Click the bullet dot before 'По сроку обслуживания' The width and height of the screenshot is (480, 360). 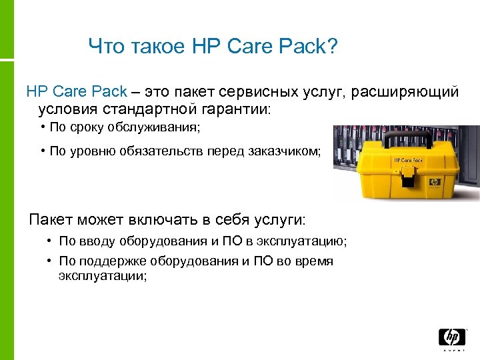coord(42,127)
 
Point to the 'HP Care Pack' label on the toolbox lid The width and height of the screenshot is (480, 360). coord(409,160)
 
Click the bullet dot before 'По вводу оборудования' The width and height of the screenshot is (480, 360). coord(51,241)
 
